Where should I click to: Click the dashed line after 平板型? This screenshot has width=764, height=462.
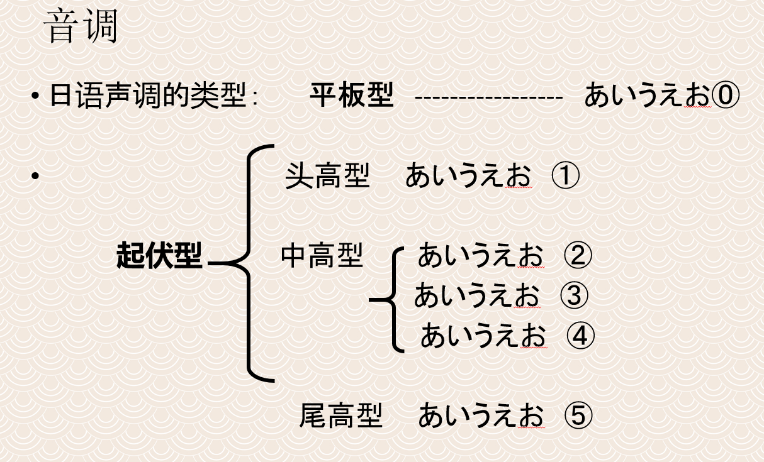click(488, 97)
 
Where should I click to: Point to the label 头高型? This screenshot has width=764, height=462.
click(327, 177)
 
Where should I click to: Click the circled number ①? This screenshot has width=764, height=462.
click(565, 177)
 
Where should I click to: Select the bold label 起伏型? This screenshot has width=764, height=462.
click(159, 256)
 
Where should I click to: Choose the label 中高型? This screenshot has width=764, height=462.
click(322, 256)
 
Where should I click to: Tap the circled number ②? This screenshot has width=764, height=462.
click(578, 256)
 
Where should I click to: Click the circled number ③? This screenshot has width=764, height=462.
click(573, 295)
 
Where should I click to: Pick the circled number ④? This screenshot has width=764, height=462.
click(580, 336)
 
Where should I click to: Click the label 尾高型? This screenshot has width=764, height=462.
click(340, 415)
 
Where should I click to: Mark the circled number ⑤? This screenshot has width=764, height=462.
click(578, 415)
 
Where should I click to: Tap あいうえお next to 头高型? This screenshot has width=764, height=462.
click(468, 177)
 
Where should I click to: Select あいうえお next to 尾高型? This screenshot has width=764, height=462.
click(481, 415)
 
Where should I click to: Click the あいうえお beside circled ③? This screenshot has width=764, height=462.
click(476, 295)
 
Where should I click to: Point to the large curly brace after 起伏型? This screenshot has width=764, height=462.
click(252, 263)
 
